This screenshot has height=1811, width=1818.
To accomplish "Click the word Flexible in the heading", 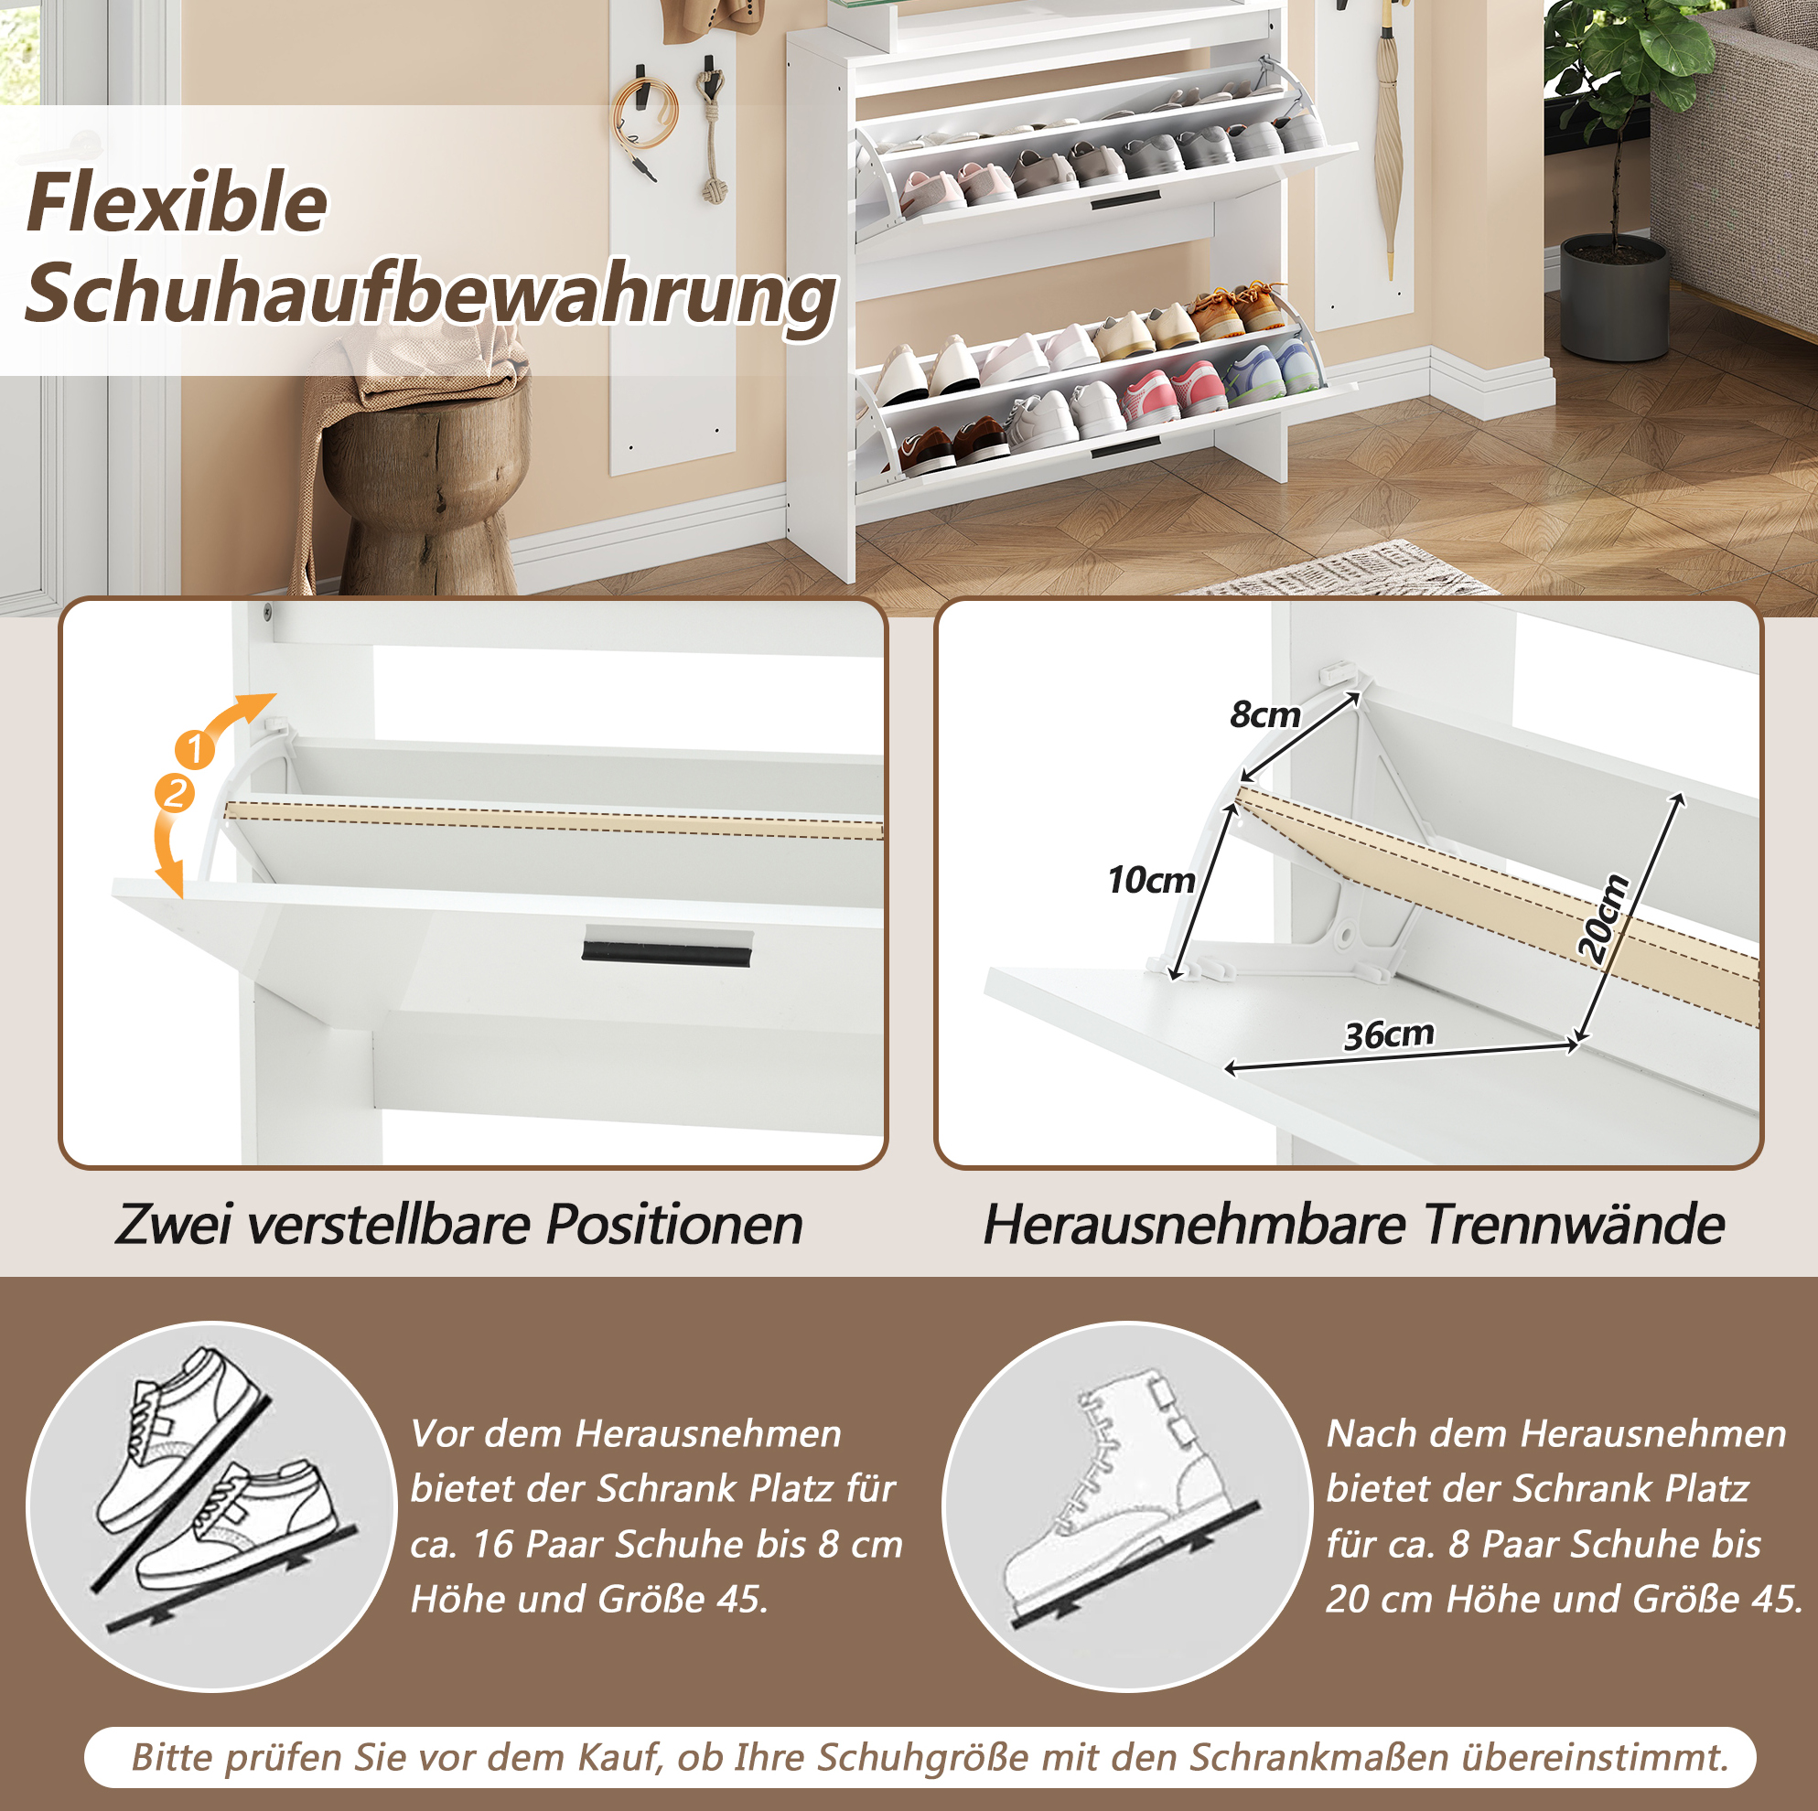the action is click(x=177, y=202).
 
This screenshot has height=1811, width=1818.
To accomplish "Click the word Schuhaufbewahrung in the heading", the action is click(x=430, y=295).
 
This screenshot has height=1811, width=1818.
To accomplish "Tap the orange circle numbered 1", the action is click(x=195, y=749).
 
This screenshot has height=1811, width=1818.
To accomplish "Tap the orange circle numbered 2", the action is click(x=174, y=792).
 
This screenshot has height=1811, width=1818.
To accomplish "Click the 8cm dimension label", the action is click(x=1264, y=715).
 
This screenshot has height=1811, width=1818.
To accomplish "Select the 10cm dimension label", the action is click(x=1151, y=880).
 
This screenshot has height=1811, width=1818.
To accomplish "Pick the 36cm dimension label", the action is click(x=1389, y=1034).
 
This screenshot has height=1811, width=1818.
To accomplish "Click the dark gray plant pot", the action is click(x=1615, y=296).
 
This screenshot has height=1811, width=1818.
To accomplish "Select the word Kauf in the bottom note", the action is click(x=617, y=1756).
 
